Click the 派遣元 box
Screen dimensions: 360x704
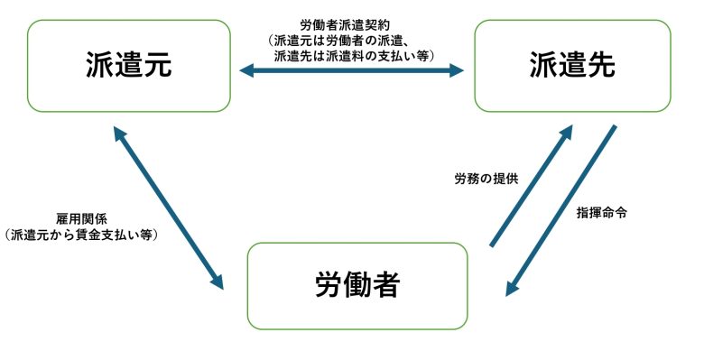point(128,66)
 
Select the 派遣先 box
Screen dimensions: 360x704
point(572,66)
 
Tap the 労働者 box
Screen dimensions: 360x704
point(357,286)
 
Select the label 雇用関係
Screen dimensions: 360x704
point(81,219)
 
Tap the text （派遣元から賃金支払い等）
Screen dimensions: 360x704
point(81,235)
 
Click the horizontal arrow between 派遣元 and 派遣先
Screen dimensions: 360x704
point(351,70)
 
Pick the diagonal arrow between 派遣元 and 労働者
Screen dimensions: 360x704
point(169,207)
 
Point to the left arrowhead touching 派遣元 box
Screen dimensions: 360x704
point(246,70)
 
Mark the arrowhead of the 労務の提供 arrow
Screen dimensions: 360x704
point(566,132)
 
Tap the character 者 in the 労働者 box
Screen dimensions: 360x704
point(387,286)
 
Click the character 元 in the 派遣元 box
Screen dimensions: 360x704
point(159,66)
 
